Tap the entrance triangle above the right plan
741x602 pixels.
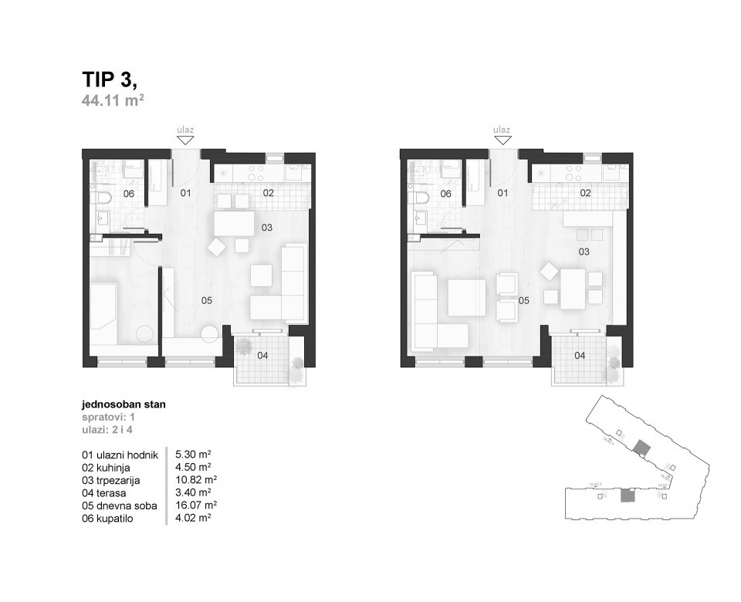502,139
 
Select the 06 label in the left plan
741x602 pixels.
129,194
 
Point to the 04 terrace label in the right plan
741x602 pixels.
580,356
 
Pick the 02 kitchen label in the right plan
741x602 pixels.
586,193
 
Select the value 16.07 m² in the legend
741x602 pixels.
196,506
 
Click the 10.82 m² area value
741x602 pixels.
196,480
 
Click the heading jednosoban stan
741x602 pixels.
123,404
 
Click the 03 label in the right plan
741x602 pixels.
584,252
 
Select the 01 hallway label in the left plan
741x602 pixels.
185,193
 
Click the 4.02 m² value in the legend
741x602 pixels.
194,519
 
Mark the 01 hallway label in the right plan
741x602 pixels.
502,193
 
